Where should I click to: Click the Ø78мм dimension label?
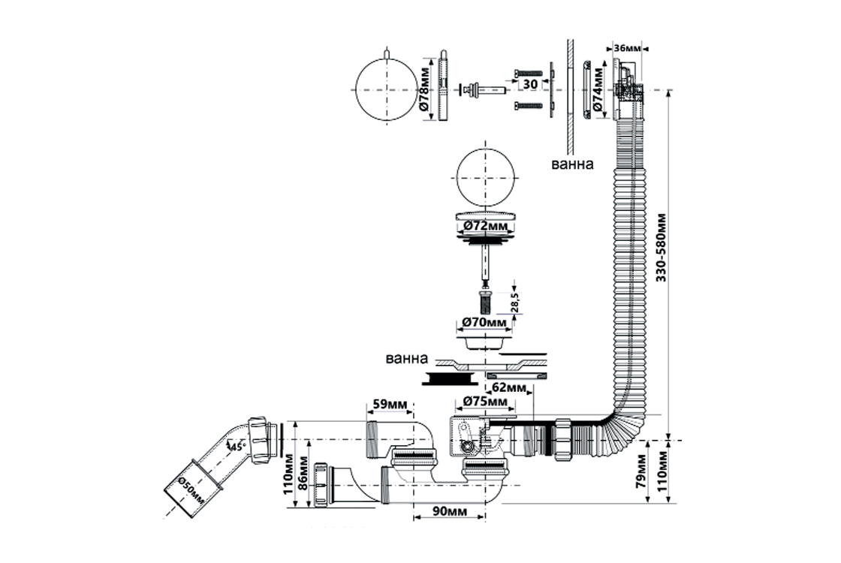coord(425,91)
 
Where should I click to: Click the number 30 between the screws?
coord(529,84)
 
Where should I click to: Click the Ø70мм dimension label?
coord(484,323)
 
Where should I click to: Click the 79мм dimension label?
coord(642,471)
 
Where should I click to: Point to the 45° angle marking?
coord(238,447)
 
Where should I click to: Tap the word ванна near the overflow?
coord(573,164)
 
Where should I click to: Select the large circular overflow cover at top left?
coord(385,91)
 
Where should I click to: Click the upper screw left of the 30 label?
coord(529,74)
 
